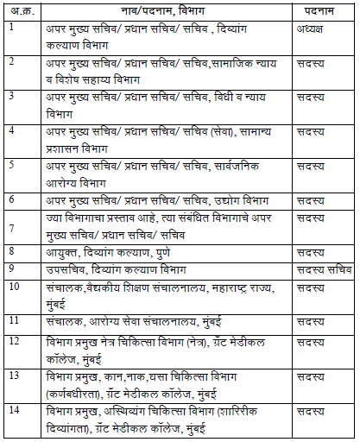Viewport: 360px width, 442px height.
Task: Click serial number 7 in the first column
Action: [10, 226]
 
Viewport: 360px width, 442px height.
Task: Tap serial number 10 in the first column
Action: [13, 286]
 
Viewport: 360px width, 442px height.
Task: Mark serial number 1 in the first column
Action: [10, 27]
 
